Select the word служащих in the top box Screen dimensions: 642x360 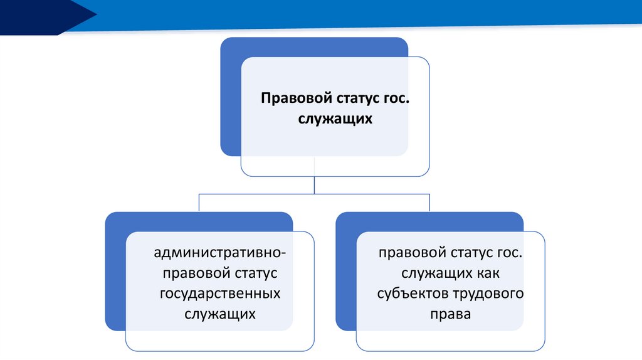(335, 119)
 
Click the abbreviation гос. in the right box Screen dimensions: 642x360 (509, 253)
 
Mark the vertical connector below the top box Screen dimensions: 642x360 (314, 185)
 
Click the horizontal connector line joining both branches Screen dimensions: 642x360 (314, 194)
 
